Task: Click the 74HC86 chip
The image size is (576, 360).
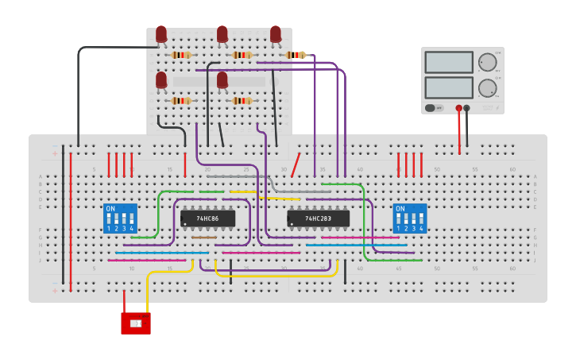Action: pyautogui.click(x=207, y=219)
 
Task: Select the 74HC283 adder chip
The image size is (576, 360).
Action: pyautogui.click(x=318, y=219)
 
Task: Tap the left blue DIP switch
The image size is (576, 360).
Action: pyautogui.click(x=120, y=219)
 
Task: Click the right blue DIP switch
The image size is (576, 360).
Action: pyautogui.click(x=410, y=219)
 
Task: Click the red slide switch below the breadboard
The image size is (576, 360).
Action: pyautogui.click(x=135, y=323)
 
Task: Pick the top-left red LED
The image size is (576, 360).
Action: pyautogui.click(x=161, y=34)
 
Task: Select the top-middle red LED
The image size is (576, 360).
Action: pyautogui.click(x=222, y=34)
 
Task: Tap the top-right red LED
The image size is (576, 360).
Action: pyautogui.click(x=276, y=34)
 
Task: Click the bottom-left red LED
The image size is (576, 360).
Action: pyautogui.click(x=161, y=80)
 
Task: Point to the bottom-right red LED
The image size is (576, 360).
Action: pyautogui.click(x=222, y=80)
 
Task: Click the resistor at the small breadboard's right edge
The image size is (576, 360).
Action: pyautogui.click(x=296, y=55)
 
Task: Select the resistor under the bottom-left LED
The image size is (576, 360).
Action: pyautogui.click(x=181, y=101)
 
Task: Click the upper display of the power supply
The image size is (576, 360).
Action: pyautogui.click(x=449, y=62)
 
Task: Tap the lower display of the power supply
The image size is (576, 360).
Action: pyautogui.click(x=449, y=87)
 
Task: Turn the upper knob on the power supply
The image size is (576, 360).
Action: pyautogui.click(x=487, y=62)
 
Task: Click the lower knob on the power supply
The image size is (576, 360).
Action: pyautogui.click(x=487, y=87)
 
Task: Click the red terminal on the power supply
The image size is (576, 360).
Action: pyautogui.click(x=458, y=108)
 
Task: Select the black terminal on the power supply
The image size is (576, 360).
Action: pyautogui.click(x=467, y=108)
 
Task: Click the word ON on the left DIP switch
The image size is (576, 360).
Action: pyautogui.click(x=110, y=209)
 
